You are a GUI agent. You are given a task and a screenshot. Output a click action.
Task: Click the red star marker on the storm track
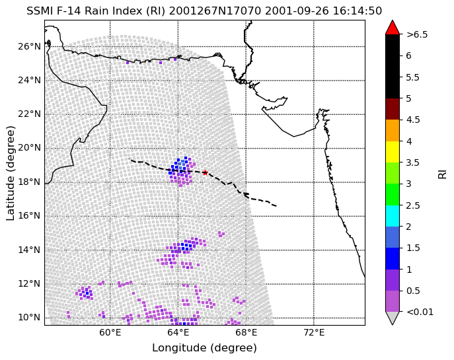click(x=205, y=173)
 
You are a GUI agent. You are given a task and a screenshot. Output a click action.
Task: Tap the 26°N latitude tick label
click(x=29, y=46)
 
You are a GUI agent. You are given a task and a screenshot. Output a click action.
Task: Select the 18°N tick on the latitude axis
click(x=29, y=182)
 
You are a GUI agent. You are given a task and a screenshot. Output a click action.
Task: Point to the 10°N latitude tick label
click(x=29, y=318)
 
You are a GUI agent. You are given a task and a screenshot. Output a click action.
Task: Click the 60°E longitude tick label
click(x=110, y=332)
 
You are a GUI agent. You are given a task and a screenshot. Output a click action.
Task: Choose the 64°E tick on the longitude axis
click(x=178, y=332)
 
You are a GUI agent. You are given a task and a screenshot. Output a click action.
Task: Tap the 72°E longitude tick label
click(x=314, y=332)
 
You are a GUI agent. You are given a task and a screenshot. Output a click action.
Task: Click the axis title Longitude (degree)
click(x=204, y=348)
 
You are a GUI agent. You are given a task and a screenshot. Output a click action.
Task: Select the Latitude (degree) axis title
click(x=10, y=173)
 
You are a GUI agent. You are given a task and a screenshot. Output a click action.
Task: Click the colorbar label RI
click(x=443, y=174)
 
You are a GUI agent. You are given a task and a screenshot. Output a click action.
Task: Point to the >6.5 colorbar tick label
click(x=417, y=35)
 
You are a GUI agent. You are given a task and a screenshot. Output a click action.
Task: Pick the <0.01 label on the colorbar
click(x=420, y=312)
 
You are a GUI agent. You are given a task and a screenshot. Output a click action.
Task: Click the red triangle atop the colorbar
click(x=393, y=28)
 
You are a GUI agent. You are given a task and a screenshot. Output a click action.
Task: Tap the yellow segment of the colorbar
click(x=393, y=152)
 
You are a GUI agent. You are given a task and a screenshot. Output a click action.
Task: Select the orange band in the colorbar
click(x=393, y=131)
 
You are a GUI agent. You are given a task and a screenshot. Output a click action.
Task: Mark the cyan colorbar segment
click(x=393, y=216)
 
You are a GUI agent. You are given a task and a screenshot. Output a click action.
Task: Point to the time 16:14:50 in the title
click(x=357, y=11)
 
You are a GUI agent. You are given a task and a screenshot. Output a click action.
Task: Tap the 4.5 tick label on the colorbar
click(x=413, y=120)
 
